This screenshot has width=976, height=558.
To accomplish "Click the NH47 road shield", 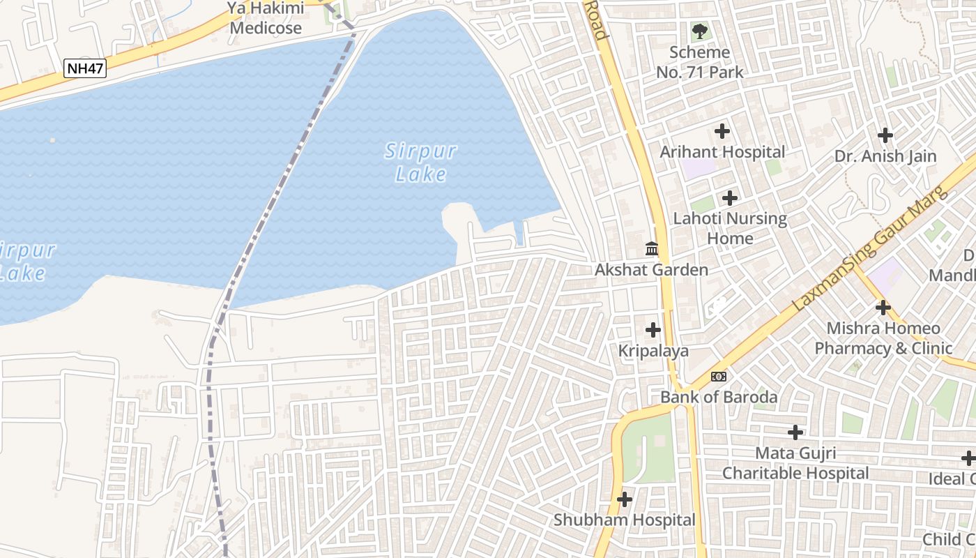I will point(85,68).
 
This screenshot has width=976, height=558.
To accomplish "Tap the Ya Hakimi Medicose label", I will point(266,19).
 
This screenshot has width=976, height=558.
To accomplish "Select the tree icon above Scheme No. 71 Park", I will point(699,31).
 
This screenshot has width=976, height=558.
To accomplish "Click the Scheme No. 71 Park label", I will point(700,62).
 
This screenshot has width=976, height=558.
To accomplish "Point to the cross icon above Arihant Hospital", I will point(722,131).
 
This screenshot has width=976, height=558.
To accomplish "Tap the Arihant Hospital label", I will point(722,152).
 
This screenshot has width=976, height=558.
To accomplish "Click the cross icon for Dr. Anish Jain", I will point(885,135).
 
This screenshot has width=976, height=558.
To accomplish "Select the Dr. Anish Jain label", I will point(885,156).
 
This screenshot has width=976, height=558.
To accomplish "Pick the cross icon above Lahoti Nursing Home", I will point(730,198).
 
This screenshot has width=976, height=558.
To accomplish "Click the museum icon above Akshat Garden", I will point(652,248).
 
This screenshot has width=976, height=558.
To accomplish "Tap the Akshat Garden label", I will point(651,270).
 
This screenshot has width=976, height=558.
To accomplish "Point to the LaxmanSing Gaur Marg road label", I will point(871,248).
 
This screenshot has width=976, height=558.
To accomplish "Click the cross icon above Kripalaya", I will point(653,330).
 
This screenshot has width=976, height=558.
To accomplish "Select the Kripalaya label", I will point(653,351).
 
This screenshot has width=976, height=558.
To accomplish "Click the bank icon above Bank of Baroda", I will point(719,377).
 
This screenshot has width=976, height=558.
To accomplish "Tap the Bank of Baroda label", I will point(719,398).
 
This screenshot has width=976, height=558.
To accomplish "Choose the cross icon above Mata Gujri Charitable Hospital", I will point(795,432).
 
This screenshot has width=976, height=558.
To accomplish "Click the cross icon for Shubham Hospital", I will point(625,499).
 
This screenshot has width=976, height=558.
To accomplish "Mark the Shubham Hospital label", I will point(625,520).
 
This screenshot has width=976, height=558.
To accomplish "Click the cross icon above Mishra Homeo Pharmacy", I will point(883,307).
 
